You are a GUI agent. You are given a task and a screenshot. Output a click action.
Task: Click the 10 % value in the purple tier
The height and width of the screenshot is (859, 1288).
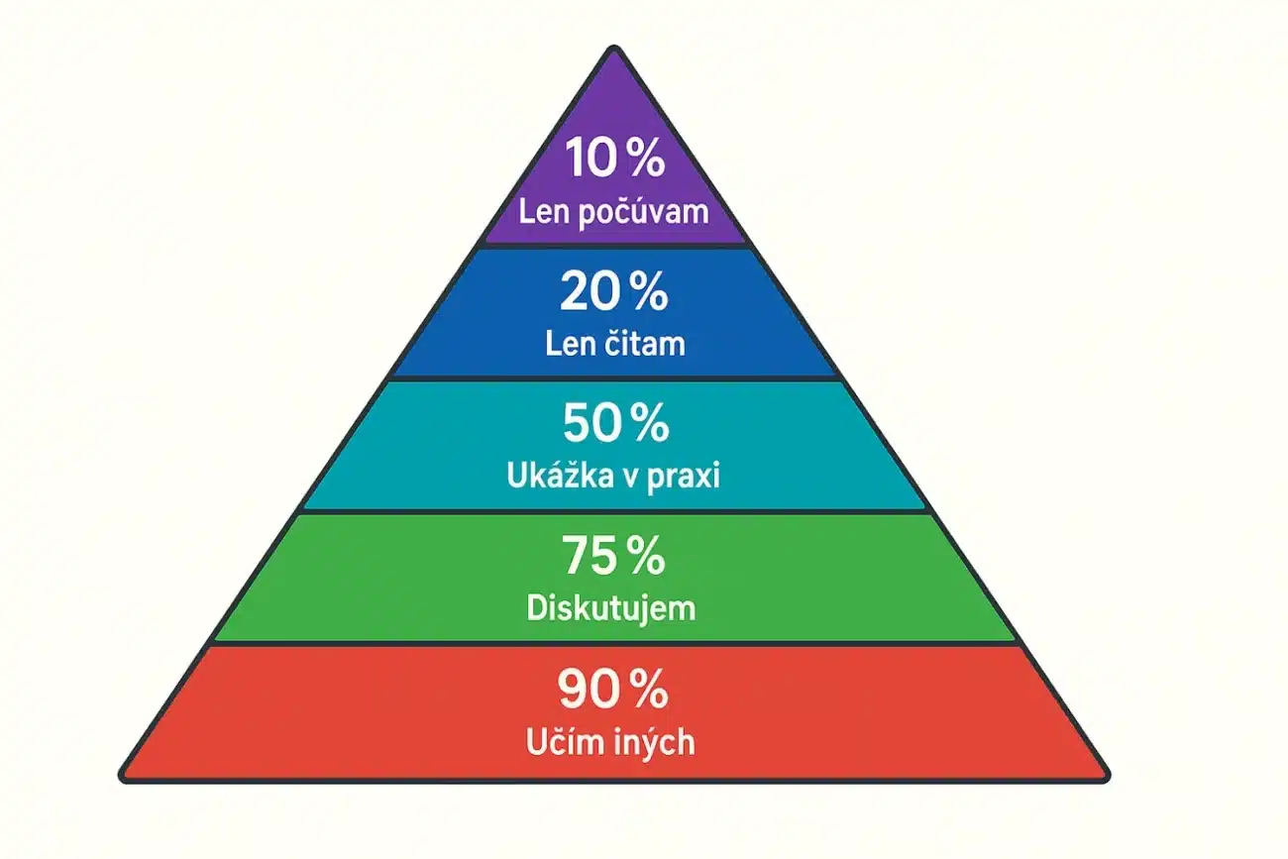[614, 158]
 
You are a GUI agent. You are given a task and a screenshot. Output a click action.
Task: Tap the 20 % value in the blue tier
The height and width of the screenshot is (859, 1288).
[614, 291]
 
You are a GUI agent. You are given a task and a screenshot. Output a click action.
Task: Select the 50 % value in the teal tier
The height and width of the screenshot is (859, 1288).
[616, 423]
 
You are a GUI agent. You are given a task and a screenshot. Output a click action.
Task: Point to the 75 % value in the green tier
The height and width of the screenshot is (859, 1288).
[613, 555]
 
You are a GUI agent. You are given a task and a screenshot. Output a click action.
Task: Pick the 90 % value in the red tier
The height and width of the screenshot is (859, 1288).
[613, 689]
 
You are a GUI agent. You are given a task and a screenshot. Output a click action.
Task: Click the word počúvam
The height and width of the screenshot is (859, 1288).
[643, 213]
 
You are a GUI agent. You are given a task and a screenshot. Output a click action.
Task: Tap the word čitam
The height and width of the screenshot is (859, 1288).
[645, 343]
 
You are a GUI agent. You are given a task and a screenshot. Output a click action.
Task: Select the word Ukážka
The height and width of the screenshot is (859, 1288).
[554, 475]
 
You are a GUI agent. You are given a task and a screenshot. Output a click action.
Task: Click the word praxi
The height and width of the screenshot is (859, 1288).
[684, 478]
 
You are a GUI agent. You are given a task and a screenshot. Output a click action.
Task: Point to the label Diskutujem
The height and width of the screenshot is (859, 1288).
[611, 607]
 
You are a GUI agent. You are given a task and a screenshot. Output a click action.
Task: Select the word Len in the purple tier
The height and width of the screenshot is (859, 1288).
[545, 212]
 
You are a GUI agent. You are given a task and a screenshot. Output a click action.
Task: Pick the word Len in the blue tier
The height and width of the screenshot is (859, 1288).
[571, 343]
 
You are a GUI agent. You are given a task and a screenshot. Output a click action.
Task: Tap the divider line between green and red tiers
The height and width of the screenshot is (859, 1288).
[614, 643]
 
